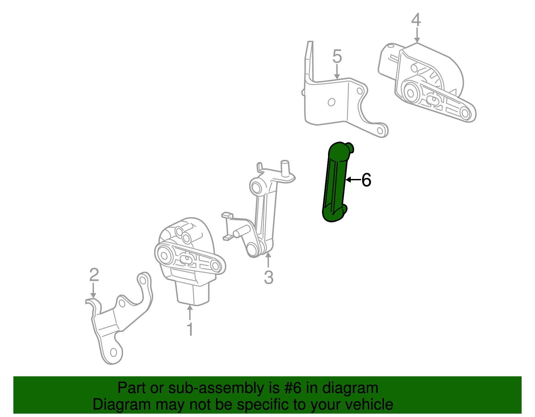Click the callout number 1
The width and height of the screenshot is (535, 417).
[x=190, y=329]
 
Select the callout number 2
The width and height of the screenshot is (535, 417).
[x=94, y=275]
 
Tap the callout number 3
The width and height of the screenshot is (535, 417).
[x=269, y=277]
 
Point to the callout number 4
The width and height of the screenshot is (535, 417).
[x=416, y=20]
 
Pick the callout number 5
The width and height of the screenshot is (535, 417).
[x=337, y=56]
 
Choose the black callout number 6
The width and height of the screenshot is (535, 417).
[x=366, y=180]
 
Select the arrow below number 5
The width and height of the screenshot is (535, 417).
[x=337, y=72]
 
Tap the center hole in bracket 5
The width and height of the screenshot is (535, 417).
[x=331, y=102]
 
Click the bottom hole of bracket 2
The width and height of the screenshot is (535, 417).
[x=113, y=352]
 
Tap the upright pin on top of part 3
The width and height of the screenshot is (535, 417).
[x=285, y=168]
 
